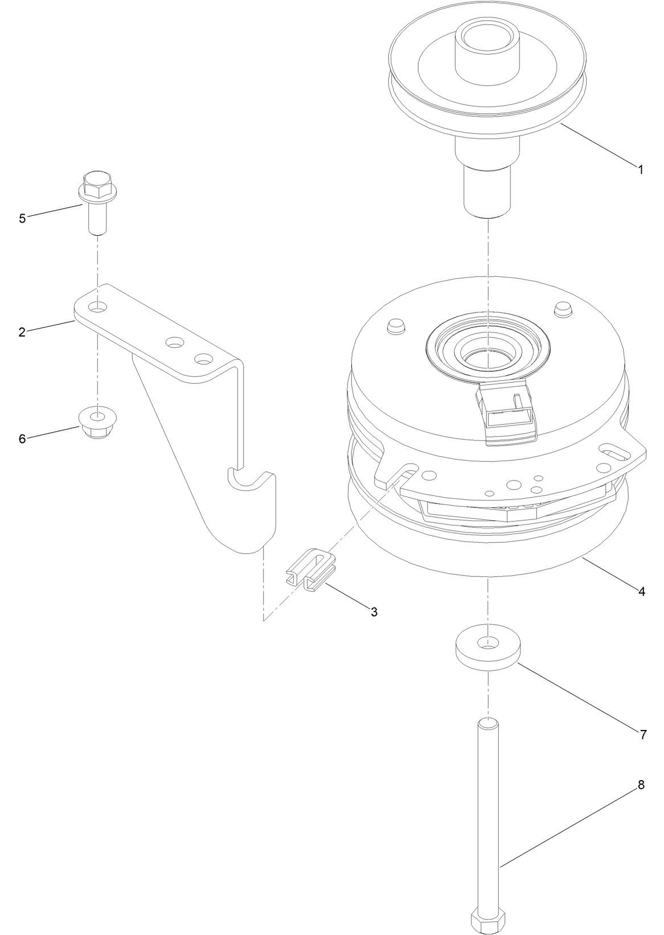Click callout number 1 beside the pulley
coord(641,170)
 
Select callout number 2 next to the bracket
coord(22,333)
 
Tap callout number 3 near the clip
coord(374,612)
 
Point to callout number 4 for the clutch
coord(642,592)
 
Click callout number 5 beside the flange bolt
coord(22,219)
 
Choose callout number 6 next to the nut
coord(22,438)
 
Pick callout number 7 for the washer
coord(643,735)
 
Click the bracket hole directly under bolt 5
coord(99,307)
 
